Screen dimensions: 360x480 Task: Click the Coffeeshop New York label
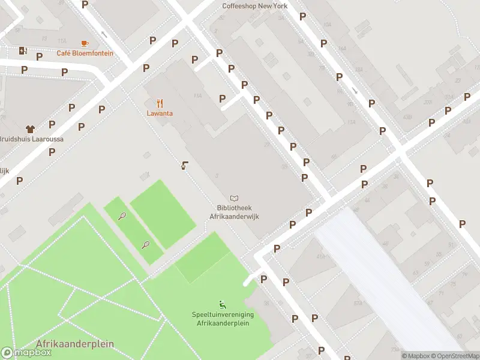pyautogui.click(x=254, y=6)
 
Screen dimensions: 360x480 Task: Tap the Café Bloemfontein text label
pyautogui.click(x=85, y=53)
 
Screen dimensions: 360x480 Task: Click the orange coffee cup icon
pyautogui.click(x=85, y=43)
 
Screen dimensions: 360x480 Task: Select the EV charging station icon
pyautogui.click(x=23, y=50)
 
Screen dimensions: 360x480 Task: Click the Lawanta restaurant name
pyautogui.click(x=160, y=113)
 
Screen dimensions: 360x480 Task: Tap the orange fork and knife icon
pyautogui.click(x=160, y=103)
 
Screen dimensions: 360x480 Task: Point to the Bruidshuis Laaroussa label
pyautogui.click(x=32, y=139)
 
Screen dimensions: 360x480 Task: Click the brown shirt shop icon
pyautogui.click(x=30, y=128)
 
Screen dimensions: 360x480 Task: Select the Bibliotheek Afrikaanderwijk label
pyautogui.click(x=233, y=212)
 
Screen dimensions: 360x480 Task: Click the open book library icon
pyautogui.click(x=234, y=198)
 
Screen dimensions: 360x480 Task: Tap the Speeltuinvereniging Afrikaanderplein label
pyautogui.click(x=223, y=319)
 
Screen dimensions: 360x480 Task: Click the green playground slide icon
pyautogui.click(x=223, y=304)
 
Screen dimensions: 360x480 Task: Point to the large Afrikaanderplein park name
pyautogui.click(x=74, y=344)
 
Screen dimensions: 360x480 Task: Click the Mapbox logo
pyautogui.click(x=26, y=353)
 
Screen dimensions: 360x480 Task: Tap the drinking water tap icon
pyautogui.click(x=184, y=165)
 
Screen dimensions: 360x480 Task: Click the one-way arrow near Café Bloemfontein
pyautogui.click(x=104, y=34)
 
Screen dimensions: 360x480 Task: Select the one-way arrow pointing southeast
pyautogui.click(x=354, y=91)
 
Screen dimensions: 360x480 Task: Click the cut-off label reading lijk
pyautogui.click(x=5, y=171)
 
